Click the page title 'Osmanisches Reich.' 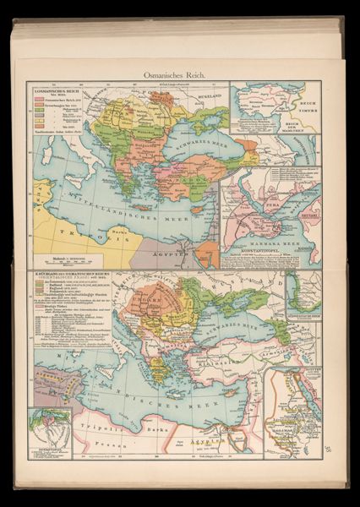click(180, 74)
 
